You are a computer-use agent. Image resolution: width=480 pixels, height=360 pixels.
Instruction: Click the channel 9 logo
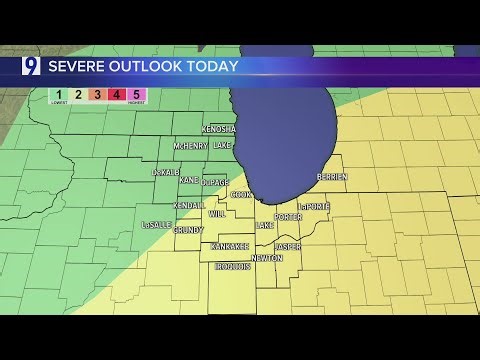31,67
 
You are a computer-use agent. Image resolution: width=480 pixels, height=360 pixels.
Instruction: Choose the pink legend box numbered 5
136,96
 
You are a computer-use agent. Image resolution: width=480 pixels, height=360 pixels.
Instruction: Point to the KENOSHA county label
218,129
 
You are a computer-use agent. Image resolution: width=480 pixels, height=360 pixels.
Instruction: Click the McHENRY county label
190,146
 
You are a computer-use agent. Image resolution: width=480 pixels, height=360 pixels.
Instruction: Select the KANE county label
188,180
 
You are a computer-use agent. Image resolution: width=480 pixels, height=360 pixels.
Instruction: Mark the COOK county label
241,194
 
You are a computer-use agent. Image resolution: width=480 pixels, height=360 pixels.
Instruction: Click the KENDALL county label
188,205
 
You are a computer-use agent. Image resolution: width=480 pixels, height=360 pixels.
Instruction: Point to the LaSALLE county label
156,225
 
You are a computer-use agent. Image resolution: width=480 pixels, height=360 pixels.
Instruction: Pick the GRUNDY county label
188,229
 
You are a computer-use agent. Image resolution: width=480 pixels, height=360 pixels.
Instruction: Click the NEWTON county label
266,258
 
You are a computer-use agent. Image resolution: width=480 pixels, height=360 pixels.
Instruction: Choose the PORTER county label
288,217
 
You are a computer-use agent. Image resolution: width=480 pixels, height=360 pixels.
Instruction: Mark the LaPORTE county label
314,207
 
